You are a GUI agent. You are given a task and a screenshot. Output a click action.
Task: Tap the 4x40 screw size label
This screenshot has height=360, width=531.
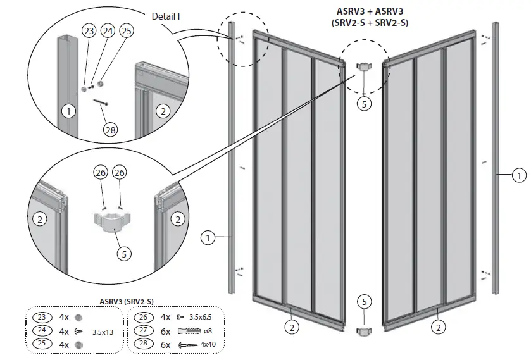(x=209, y=345)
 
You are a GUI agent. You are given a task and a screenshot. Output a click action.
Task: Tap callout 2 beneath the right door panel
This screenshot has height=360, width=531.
(x=437, y=327)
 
